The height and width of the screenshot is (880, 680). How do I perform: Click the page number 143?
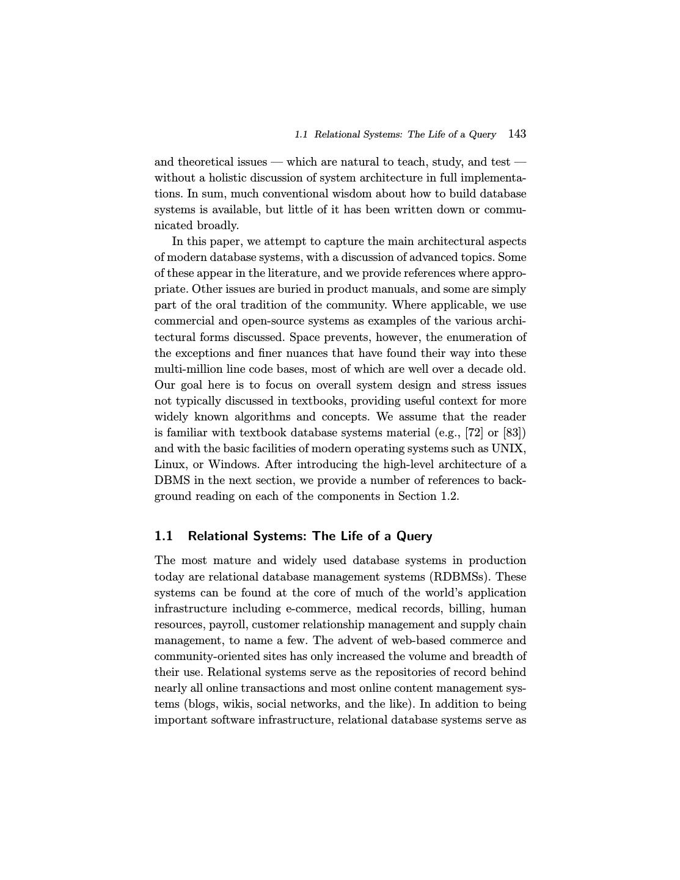[517, 134]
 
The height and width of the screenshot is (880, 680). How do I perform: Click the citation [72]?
[474, 433]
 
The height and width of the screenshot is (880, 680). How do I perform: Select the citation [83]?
[514, 433]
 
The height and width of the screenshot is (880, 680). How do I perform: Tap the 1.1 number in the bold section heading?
[164, 536]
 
